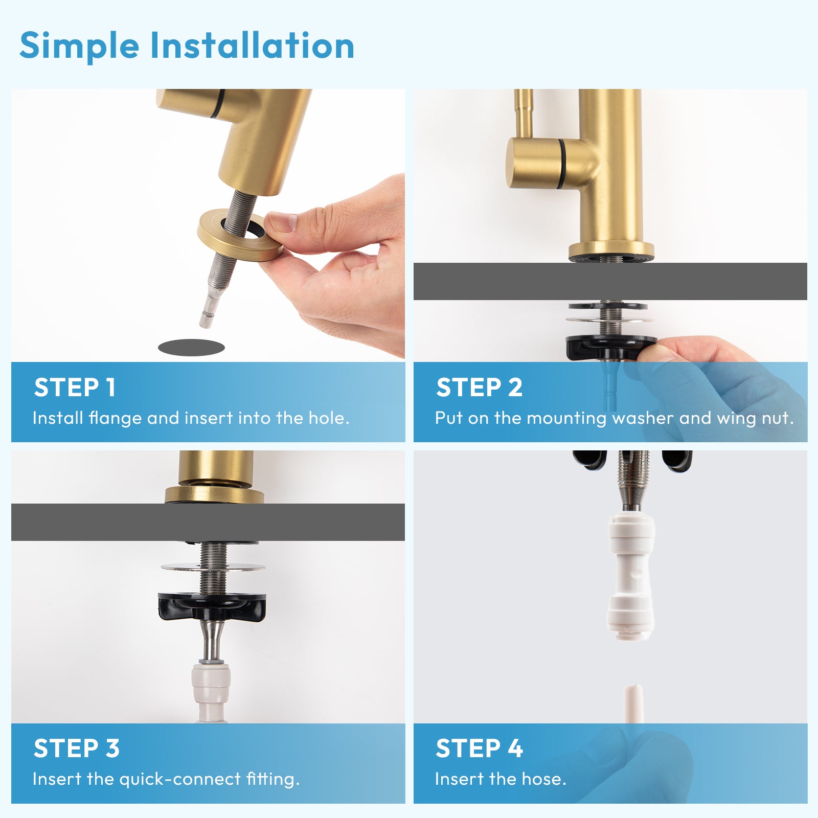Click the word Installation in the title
[x=252, y=46]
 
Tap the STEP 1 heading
[x=75, y=388]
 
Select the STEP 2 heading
[x=479, y=388]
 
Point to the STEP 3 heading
[x=77, y=748]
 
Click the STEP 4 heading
[x=479, y=748]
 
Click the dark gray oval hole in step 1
[x=191, y=348]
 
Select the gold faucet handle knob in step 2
[x=534, y=162]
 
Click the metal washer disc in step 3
[x=213, y=567]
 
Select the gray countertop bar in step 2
[x=610, y=281]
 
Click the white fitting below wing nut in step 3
[x=211, y=688]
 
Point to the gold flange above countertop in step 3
[x=214, y=494]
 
